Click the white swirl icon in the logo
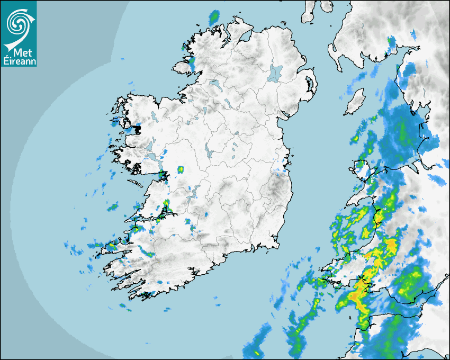pos(19,22)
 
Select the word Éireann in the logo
pos(19,61)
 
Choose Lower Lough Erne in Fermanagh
pos(215,84)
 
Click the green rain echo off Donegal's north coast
pos(214,17)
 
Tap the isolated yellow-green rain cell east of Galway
pos(181,169)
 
